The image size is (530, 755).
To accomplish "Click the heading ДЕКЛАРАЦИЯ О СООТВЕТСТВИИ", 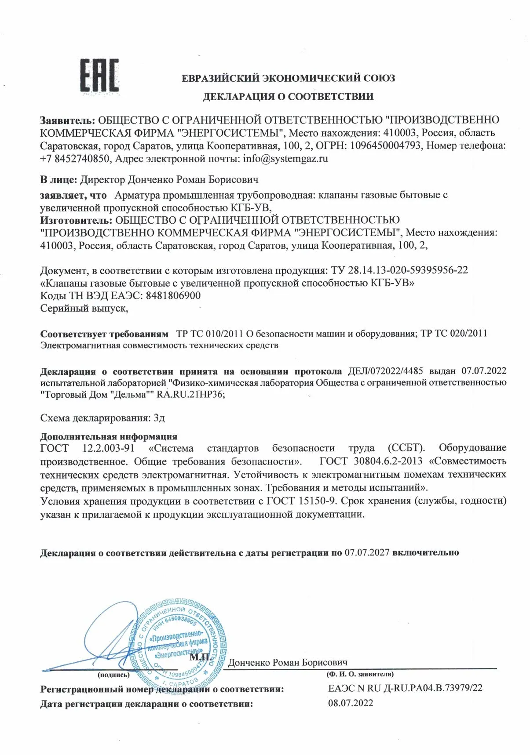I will point(288,97).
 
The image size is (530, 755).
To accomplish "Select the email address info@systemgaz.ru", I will point(285,159).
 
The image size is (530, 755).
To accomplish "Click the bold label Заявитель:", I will point(67,120).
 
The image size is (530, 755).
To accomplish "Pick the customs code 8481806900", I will point(172,295).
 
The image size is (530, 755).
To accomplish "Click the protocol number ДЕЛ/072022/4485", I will point(385,371).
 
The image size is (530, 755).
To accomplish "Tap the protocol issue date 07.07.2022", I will point(484,371).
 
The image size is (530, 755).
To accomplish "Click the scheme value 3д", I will point(159,417).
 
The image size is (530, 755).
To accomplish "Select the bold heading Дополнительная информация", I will point(109,436).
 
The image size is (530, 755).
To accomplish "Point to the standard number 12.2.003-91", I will point(108,448).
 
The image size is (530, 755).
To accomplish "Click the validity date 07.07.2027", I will point(367,552).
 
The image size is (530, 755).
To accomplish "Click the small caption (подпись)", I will point(113,675).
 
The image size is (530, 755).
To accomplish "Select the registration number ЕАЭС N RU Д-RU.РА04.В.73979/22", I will point(405,688).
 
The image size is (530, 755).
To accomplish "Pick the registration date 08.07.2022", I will point(351,703).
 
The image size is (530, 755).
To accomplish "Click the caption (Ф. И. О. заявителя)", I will point(360,674).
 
